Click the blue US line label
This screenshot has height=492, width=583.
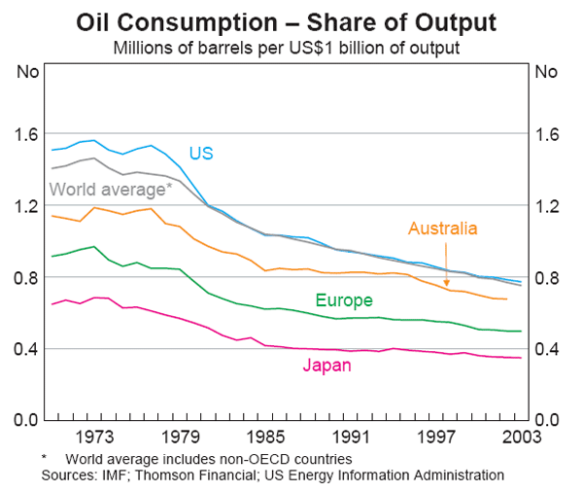(x=201, y=154)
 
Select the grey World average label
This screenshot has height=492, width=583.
(x=110, y=188)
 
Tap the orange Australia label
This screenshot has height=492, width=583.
(x=442, y=229)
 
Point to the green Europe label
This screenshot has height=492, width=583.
(x=341, y=300)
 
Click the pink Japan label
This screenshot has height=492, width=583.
(x=326, y=367)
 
